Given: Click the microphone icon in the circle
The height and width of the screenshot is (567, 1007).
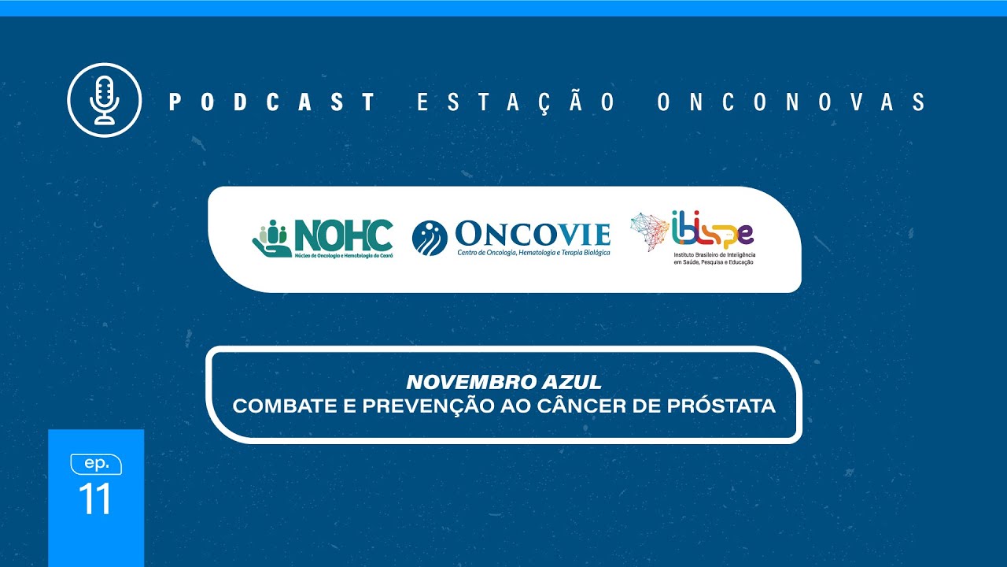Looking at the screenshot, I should pyautogui.click(x=104, y=100).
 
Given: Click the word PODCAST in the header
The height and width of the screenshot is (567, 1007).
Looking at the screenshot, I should pyautogui.click(x=271, y=102).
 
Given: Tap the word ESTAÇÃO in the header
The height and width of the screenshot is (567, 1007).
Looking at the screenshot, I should pyautogui.click(x=517, y=102).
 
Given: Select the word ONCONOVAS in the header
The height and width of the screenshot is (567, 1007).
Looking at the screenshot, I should pyautogui.click(x=792, y=102).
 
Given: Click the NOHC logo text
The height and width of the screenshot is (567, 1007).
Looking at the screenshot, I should pyautogui.click(x=343, y=235).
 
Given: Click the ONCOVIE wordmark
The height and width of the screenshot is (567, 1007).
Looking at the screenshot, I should pyautogui.click(x=533, y=234).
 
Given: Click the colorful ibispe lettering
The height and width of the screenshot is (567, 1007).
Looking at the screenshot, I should pyautogui.click(x=713, y=231).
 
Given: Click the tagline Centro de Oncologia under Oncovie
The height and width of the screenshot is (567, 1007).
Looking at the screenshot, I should pyautogui.click(x=533, y=252).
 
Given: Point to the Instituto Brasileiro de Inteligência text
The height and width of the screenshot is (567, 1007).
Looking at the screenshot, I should pyautogui.click(x=714, y=257).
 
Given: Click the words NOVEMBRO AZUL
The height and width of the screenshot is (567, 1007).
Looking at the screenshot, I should pyautogui.click(x=503, y=383).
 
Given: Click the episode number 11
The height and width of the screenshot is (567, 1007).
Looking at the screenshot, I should pyautogui.click(x=95, y=499).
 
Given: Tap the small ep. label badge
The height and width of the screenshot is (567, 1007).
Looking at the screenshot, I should pyautogui.click(x=96, y=464).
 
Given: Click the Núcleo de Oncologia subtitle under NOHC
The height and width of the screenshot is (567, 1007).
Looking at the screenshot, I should pyautogui.click(x=342, y=256).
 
